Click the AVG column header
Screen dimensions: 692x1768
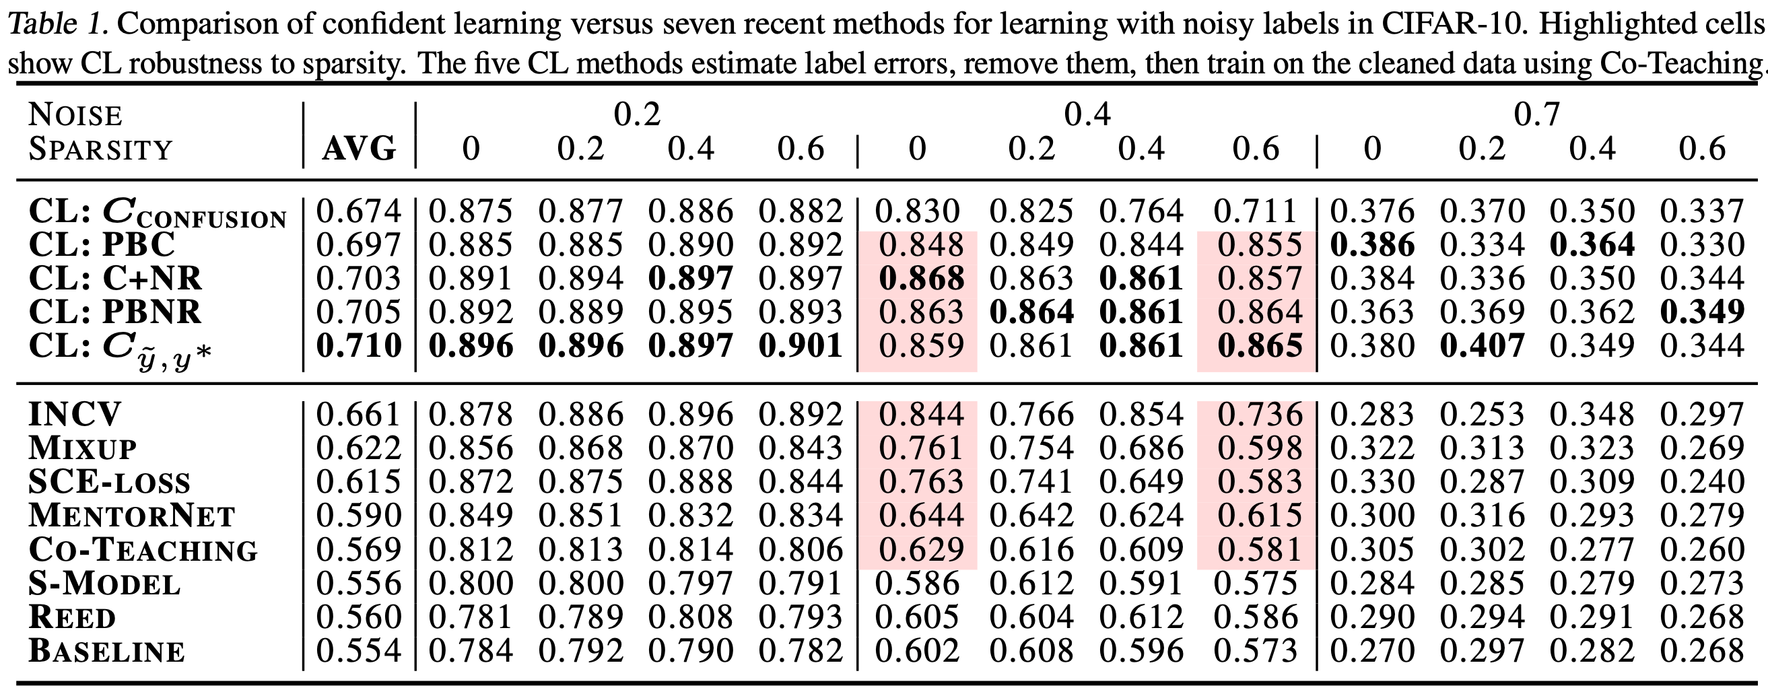point(359,148)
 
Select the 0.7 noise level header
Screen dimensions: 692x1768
point(1536,114)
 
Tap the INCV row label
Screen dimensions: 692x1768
point(75,414)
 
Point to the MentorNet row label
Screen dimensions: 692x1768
point(132,516)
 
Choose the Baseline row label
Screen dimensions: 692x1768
point(106,651)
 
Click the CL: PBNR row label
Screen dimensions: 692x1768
point(115,312)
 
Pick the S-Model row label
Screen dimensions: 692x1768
point(104,584)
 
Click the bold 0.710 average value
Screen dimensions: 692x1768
point(359,346)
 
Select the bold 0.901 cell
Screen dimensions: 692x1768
point(801,346)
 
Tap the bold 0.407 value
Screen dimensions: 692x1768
point(1482,346)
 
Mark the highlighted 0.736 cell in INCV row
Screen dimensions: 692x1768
point(1260,414)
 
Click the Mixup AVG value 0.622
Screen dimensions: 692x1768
point(359,448)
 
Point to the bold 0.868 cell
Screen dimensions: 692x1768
point(922,279)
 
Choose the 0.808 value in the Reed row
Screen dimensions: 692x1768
point(691,617)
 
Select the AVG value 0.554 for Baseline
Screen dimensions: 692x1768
point(359,651)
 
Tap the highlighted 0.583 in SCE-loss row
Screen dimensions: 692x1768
point(1260,482)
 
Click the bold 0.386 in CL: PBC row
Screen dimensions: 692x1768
point(1372,245)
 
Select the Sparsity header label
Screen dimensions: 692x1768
point(100,149)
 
